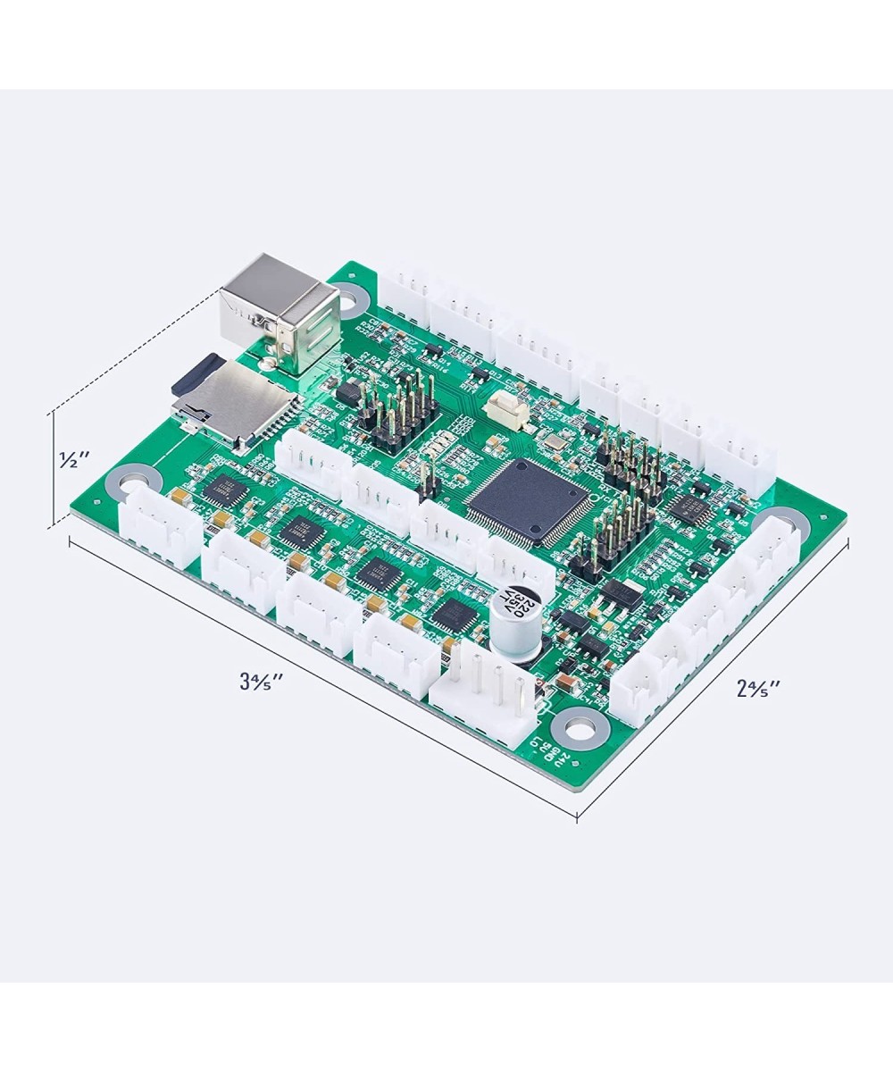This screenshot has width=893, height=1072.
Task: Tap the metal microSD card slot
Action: tap(237, 402)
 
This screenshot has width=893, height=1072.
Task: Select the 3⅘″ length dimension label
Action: tap(261, 681)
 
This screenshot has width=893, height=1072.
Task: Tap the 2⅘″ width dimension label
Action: tap(758, 687)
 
